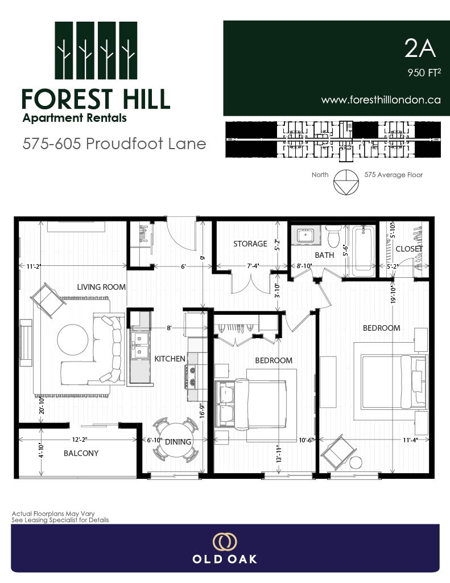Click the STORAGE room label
click(x=250, y=244)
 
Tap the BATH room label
click(x=324, y=255)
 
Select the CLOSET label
click(x=409, y=249)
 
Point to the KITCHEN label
click(x=170, y=359)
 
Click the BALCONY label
click(x=81, y=453)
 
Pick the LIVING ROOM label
click(x=101, y=287)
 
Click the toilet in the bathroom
click(x=333, y=236)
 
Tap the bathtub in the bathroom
click(x=364, y=251)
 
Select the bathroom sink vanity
click(x=305, y=235)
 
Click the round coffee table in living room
click(x=73, y=340)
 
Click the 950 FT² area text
click(x=424, y=72)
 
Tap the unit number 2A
click(x=420, y=48)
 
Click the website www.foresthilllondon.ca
click(x=381, y=100)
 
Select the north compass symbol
click(x=346, y=182)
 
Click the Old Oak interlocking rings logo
click(x=225, y=542)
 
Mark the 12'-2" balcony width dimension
click(x=80, y=440)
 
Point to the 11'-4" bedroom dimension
click(x=410, y=440)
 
